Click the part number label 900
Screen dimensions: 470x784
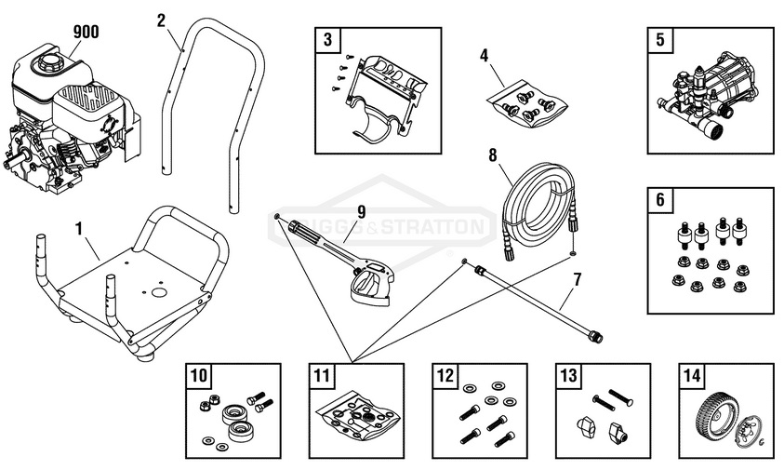coord(86,33)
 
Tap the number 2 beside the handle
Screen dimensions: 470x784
coord(162,19)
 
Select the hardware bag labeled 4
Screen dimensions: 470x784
coord(525,101)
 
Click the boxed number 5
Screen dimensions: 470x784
coord(659,40)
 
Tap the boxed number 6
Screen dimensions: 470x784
coord(659,200)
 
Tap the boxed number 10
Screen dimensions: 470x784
coord(199,376)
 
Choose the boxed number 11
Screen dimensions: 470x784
coord(322,376)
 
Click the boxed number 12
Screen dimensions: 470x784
coord(445,376)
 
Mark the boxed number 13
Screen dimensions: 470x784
coord(568,376)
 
